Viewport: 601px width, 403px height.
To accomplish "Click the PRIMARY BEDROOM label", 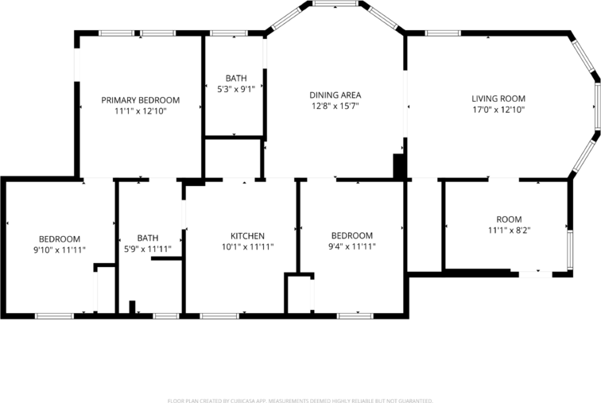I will click(140, 100).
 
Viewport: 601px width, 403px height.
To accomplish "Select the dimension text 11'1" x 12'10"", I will click(140, 111).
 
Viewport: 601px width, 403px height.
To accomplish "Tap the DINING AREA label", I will click(335, 95).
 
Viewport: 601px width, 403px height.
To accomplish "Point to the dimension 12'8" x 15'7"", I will click(335, 106).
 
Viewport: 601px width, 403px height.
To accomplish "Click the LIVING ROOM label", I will click(498, 99).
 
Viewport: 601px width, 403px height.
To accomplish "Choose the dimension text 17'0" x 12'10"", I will click(498, 110).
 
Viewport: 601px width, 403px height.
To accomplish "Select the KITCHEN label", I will click(247, 236).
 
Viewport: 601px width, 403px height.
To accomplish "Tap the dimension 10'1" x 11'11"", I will click(247, 247).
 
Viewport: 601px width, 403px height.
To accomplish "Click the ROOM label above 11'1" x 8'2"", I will click(509, 219).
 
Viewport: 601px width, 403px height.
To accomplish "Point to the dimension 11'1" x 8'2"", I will click(509, 231).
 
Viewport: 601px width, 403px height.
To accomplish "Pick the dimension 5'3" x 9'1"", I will click(236, 89).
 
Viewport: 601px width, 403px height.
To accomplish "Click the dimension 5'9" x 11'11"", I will click(148, 249).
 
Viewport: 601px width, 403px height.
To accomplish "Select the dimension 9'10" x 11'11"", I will click(60, 250).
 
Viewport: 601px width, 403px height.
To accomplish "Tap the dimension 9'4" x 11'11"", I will click(351, 247).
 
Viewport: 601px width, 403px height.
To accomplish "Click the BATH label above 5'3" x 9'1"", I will click(236, 78).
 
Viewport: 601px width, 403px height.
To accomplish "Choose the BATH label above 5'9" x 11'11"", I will click(148, 238).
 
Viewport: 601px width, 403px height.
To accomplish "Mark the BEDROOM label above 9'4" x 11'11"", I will click(351, 236).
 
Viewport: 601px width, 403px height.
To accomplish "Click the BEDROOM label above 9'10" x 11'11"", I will click(60, 238).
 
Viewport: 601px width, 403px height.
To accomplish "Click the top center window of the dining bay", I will click(334, 4).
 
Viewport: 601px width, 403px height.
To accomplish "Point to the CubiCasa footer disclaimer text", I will click(300, 401).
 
